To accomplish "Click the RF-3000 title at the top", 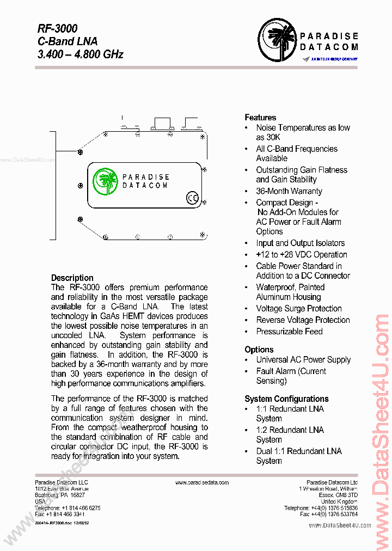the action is click(x=57, y=28).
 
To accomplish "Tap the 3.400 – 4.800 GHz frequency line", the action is click(x=81, y=54).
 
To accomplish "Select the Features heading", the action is click(x=260, y=118).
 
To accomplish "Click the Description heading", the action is click(x=72, y=278).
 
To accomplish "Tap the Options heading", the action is click(x=259, y=350).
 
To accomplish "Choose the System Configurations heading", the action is click(x=286, y=399).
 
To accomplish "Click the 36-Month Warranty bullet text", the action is click(x=289, y=191).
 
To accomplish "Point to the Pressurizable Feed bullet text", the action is click(x=289, y=332).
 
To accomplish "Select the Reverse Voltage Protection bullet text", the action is click(x=303, y=320).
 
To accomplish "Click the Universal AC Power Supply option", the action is click(x=303, y=360).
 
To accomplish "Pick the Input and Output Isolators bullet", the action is click(x=300, y=243).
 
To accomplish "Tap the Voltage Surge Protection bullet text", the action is click(x=299, y=309).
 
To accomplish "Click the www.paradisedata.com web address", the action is click(x=202, y=482).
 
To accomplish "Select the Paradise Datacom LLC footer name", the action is click(x=62, y=482).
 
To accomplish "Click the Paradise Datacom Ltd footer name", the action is click(x=332, y=482).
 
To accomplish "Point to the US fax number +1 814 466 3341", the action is click(x=59, y=514).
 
